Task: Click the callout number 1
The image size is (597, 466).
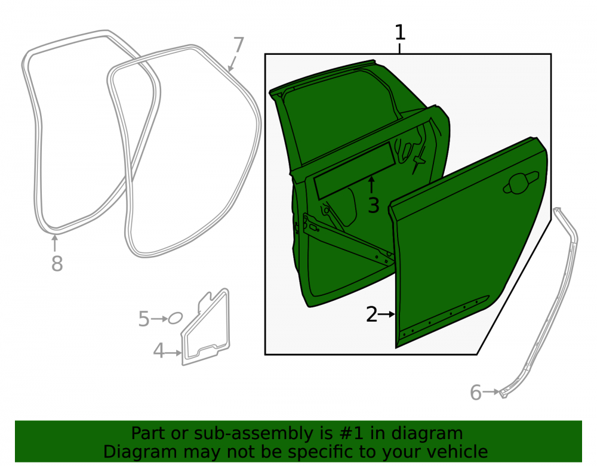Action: (x=400, y=32)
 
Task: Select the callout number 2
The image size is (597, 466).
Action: (x=371, y=314)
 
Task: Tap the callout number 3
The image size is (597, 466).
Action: (x=374, y=206)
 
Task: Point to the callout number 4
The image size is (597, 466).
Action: (x=158, y=351)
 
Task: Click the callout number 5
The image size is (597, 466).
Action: (x=143, y=319)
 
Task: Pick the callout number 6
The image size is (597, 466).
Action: (x=476, y=393)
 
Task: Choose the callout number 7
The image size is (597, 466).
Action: (x=238, y=45)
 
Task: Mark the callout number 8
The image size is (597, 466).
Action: (x=57, y=264)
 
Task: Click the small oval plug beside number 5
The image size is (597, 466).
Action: (x=175, y=318)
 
